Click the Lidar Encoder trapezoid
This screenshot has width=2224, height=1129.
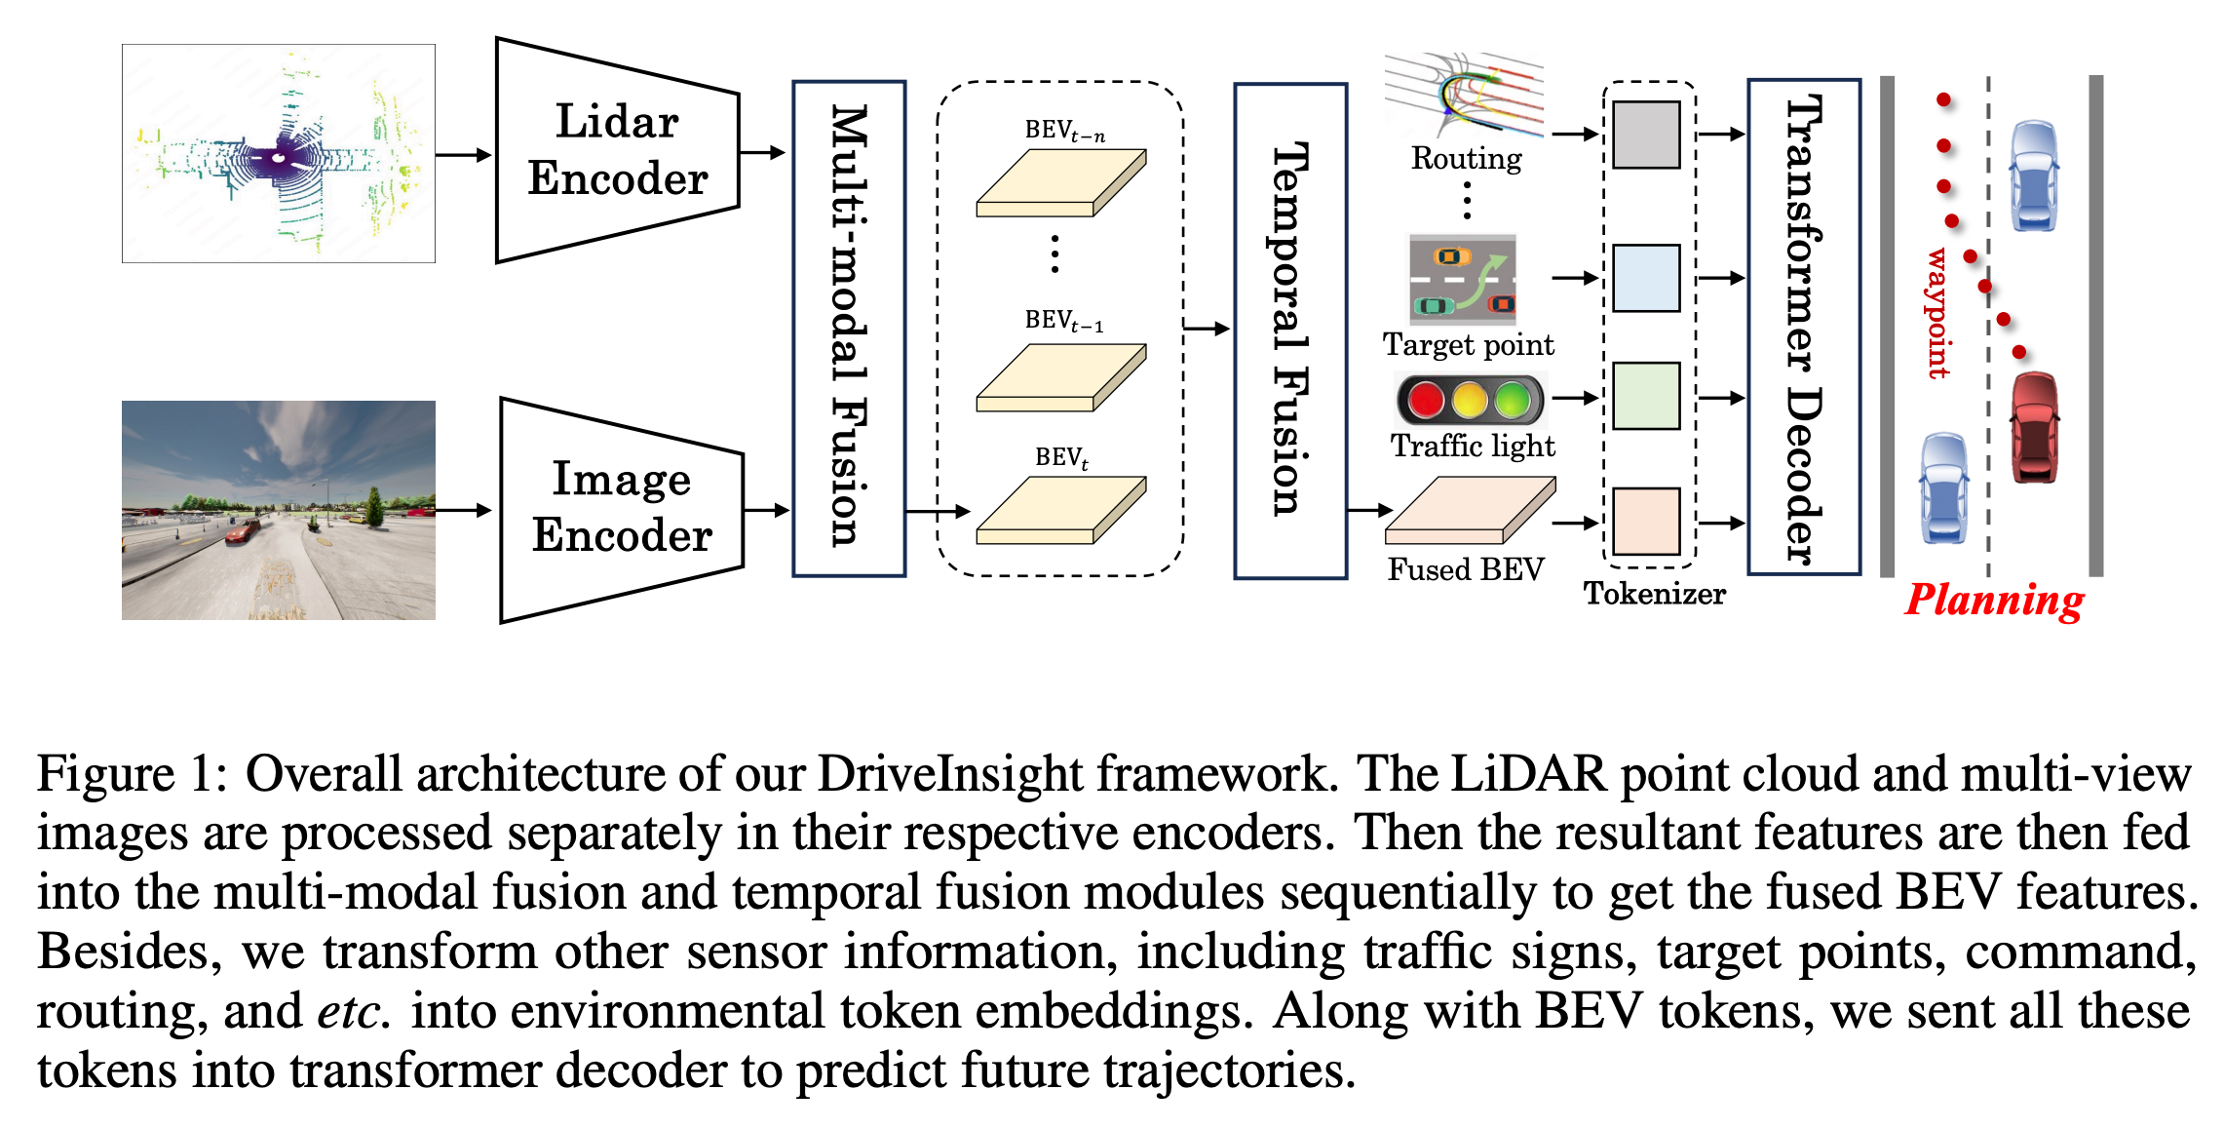coord(617,151)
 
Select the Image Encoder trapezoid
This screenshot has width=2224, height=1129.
coord(621,508)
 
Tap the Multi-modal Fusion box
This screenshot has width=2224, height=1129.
coord(849,329)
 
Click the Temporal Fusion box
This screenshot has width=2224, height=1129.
coord(1290,331)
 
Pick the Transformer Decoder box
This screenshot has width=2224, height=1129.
coord(1803,328)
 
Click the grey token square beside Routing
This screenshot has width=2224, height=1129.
coord(1646,135)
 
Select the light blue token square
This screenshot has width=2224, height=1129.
coord(1646,278)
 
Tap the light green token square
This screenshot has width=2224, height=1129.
coord(1646,396)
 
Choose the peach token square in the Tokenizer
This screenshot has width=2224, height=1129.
coord(1646,522)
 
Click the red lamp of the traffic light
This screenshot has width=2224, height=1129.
coord(1426,400)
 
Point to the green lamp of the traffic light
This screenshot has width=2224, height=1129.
coord(1513,400)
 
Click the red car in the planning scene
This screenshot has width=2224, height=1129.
coord(2035,427)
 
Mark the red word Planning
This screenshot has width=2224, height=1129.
coord(1994,600)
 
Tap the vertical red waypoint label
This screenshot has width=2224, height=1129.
coord(1937,313)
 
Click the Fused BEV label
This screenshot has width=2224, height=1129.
coord(1466,569)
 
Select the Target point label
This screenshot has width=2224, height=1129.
coord(1469,345)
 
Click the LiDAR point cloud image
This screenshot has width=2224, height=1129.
coord(279,153)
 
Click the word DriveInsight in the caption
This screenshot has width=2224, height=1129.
coord(949,774)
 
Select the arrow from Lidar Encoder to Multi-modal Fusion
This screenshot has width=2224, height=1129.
coord(763,152)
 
